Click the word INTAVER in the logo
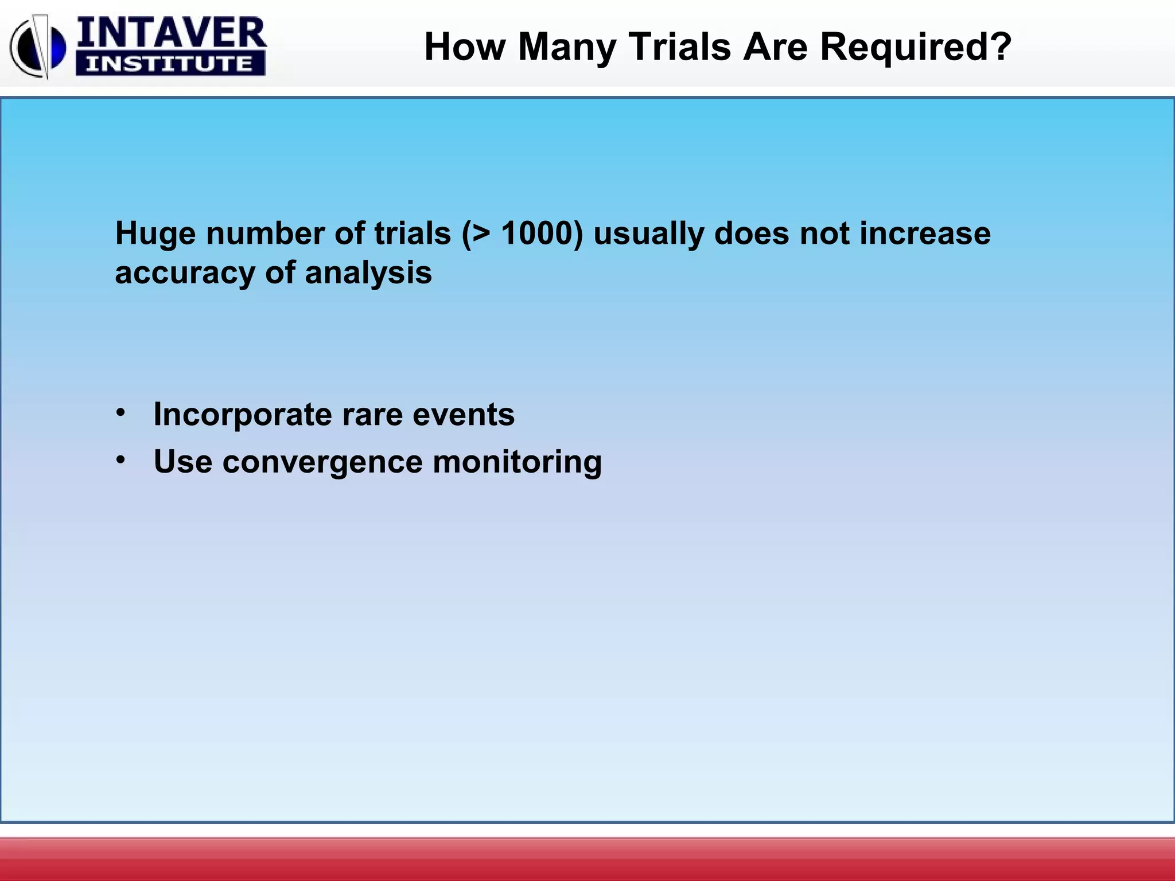point(171,33)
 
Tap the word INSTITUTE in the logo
point(170,64)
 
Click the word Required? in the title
point(916,46)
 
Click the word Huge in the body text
point(155,234)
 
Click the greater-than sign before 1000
point(481,234)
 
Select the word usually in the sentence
point(648,234)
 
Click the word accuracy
point(185,273)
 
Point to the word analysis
point(368,273)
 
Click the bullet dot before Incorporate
point(120,412)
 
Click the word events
point(463,415)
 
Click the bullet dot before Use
point(120,460)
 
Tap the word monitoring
point(517,462)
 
